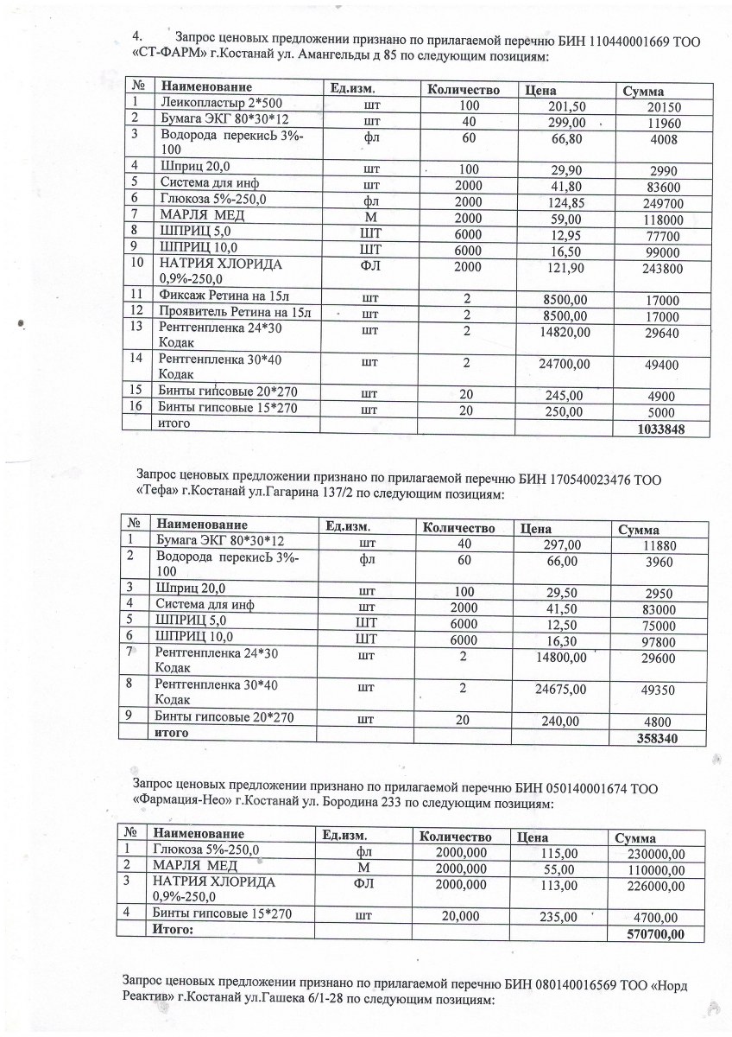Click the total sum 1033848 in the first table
coord(659,428)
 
